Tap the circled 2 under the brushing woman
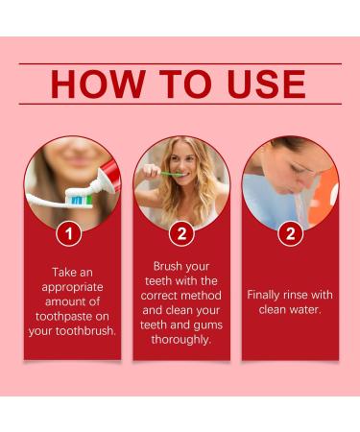click(181, 233)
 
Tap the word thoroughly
click(180, 339)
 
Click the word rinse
click(310, 295)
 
